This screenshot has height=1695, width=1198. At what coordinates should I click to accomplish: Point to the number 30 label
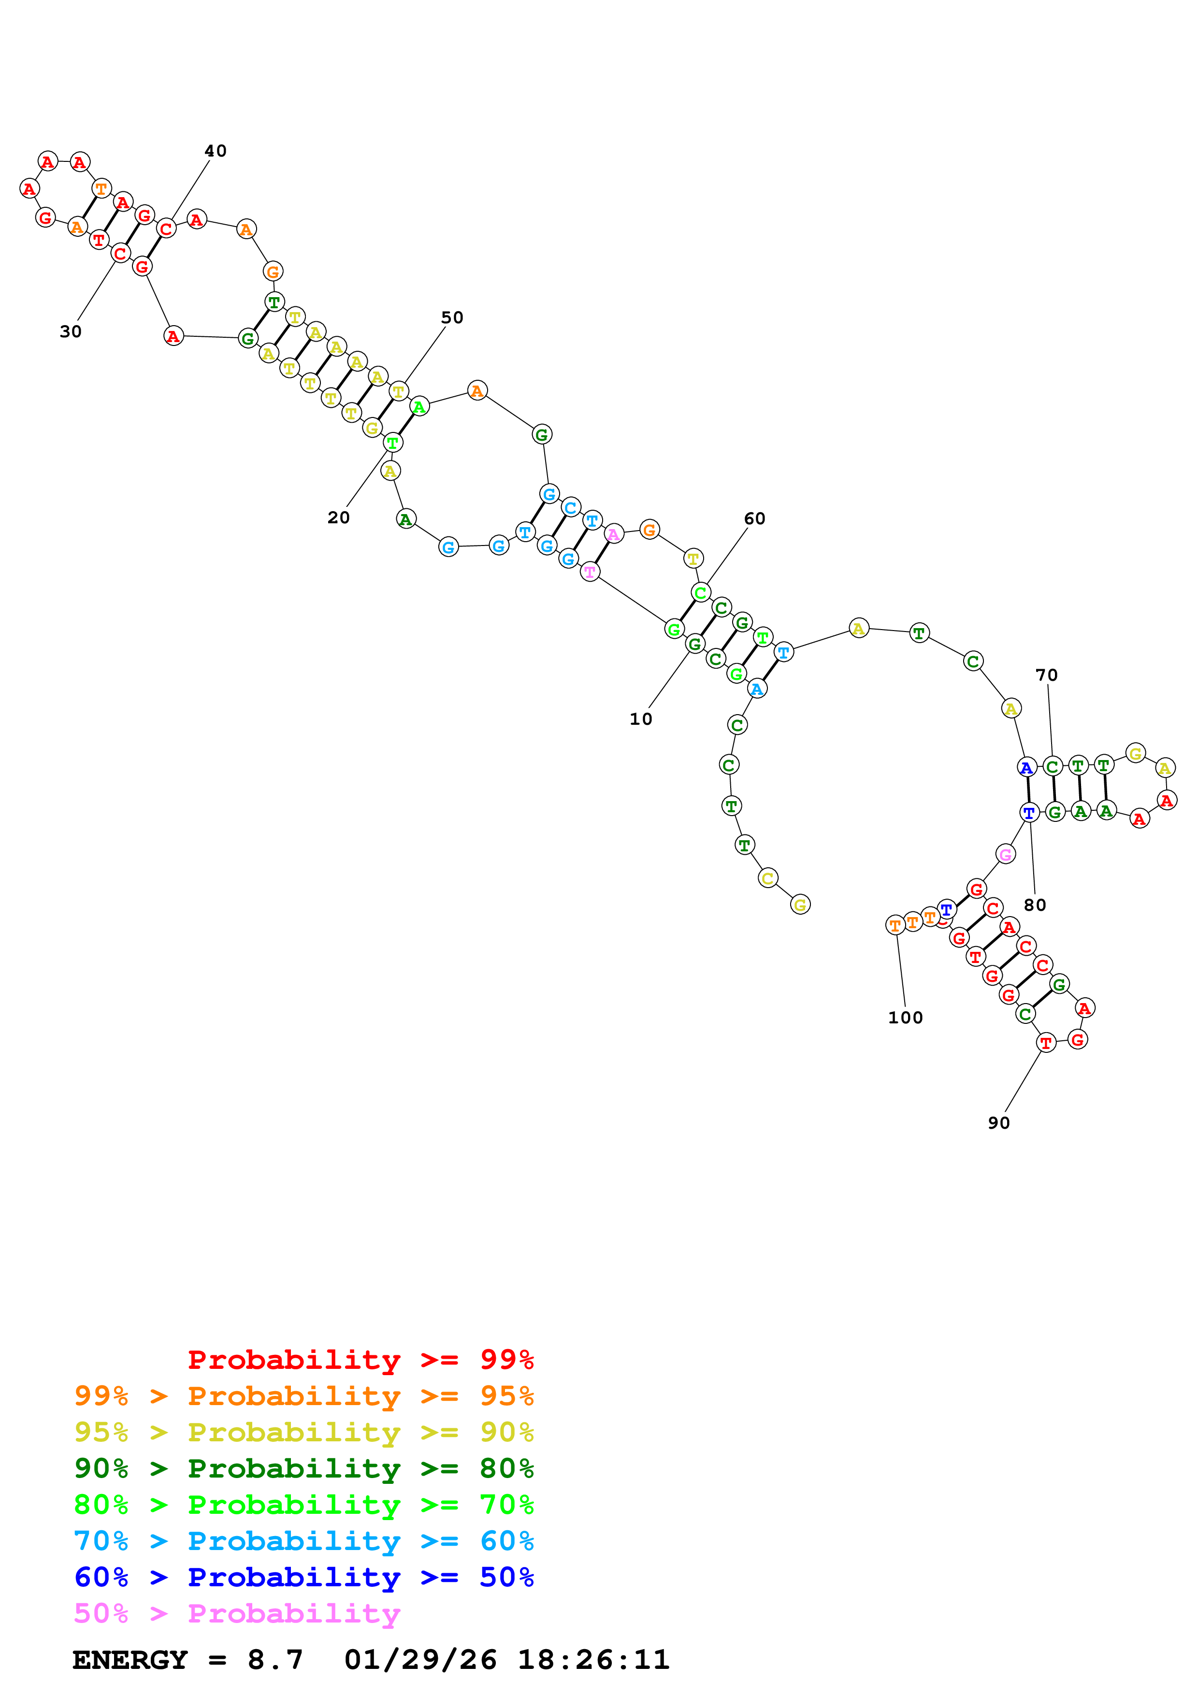pos(70,331)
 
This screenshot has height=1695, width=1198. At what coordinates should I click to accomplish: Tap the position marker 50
pos(452,317)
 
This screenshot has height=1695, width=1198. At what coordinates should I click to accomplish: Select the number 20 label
pos(338,517)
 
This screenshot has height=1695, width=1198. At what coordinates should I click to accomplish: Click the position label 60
pos(754,518)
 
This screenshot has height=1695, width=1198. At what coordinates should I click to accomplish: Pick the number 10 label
pos(641,719)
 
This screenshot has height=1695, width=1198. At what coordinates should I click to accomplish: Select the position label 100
pos(905,1017)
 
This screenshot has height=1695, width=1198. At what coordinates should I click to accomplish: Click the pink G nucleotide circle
pos(1005,854)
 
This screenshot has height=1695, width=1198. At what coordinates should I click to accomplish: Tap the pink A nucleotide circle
pos(613,534)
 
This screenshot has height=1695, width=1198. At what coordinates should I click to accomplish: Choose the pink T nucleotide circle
pos(589,572)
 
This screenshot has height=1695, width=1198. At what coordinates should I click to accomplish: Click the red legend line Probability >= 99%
pos(360,1359)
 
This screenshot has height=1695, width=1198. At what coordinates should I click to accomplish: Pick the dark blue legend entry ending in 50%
pos(303,1577)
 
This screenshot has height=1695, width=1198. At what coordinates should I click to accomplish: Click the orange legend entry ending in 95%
pos(303,1395)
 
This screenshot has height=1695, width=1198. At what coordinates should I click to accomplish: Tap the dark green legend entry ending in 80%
pos(303,1468)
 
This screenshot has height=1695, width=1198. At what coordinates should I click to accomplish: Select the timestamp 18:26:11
pos(593,1660)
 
